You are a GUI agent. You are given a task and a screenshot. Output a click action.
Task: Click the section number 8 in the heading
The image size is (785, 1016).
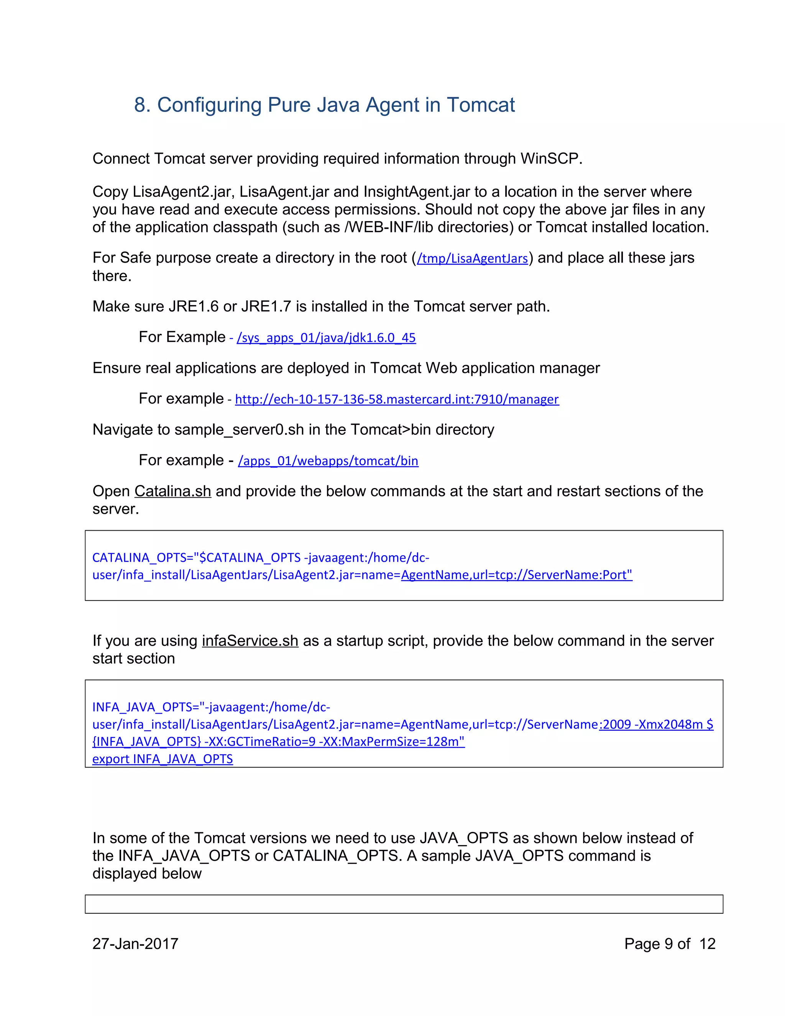[140, 105]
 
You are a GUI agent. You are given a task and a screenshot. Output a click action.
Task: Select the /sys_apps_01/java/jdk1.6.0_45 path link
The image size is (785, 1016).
[326, 338]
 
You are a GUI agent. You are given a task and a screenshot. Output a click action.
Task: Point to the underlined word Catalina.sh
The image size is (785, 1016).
[172, 491]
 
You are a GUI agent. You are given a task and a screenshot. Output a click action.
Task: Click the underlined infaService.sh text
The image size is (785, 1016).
[250, 641]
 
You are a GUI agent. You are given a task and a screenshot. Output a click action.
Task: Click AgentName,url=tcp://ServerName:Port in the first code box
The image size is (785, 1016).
[516, 575]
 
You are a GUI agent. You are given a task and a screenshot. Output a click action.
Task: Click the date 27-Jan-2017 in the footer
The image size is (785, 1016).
[135, 944]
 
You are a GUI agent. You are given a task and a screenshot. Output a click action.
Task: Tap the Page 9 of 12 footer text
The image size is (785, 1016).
[669, 944]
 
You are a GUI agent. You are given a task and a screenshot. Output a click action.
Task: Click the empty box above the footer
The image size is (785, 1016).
[404, 904]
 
